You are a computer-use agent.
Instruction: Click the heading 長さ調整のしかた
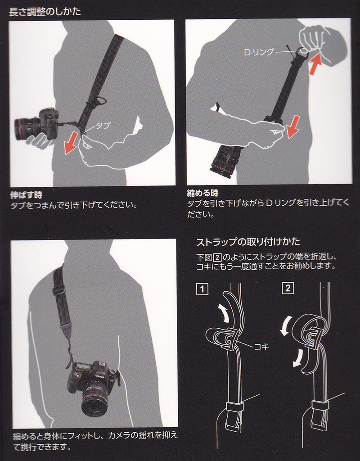point(45,12)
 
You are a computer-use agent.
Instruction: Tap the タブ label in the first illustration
point(103,126)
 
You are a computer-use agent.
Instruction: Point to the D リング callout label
point(259,52)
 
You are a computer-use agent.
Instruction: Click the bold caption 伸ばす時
point(27,195)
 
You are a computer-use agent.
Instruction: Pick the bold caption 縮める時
point(203,193)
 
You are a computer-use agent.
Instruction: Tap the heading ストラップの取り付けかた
point(248,242)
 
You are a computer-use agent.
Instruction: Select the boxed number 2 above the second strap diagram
point(288,288)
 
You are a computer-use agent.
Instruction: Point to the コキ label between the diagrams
point(261,346)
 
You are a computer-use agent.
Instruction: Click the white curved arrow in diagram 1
point(225,314)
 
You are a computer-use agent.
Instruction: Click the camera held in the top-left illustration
point(37,124)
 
